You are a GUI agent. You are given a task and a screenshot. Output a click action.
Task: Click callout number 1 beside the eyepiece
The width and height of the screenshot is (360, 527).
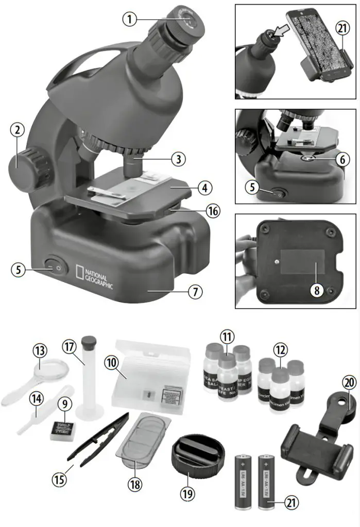click(x=131, y=19)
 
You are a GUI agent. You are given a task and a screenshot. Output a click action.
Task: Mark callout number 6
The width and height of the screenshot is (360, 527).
click(x=341, y=160)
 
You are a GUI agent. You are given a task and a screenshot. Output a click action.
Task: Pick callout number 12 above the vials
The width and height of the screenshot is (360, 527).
click(x=279, y=350)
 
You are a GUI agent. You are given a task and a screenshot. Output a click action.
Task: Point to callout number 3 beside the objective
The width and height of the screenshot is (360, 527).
click(x=178, y=159)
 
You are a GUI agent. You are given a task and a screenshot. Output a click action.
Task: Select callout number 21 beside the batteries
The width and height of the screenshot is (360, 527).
click(x=291, y=500)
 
